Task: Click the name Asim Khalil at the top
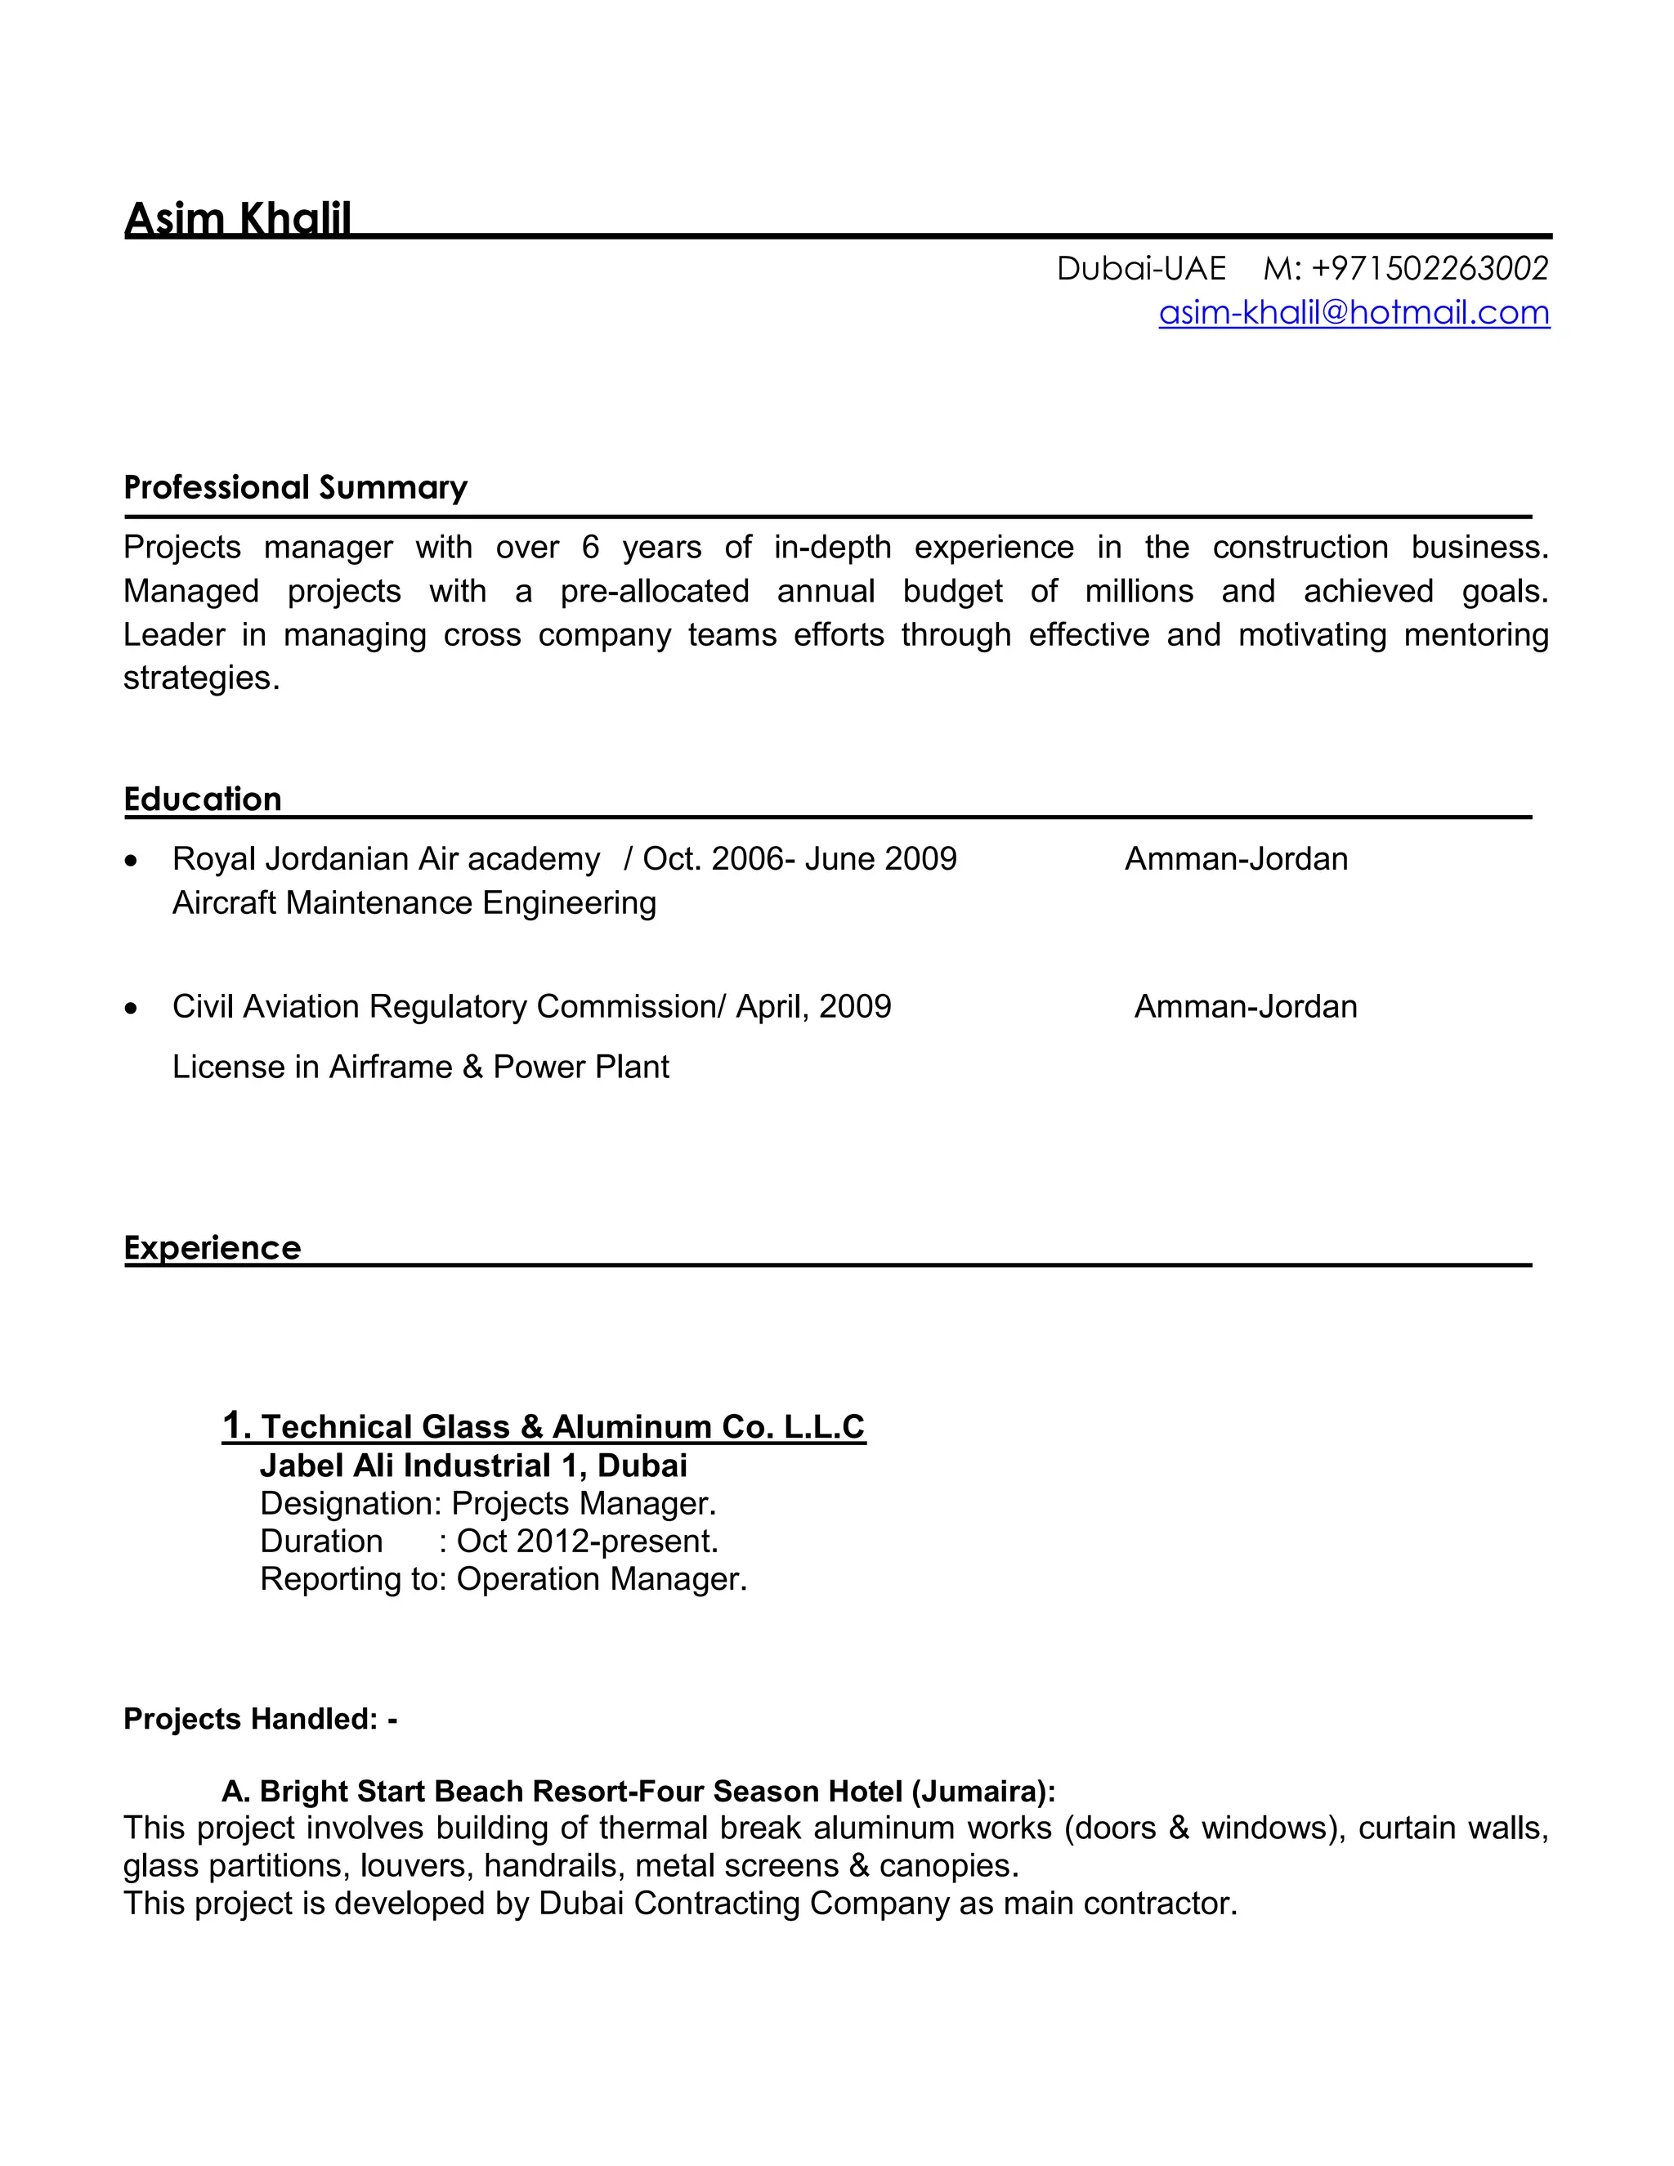pyautogui.click(x=238, y=218)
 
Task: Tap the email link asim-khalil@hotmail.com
pyautogui.click(x=1354, y=312)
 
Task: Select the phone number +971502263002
pyautogui.click(x=1429, y=268)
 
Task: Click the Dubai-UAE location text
pyautogui.click(x=1141, y=268)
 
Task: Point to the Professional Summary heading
pyautogui.click(x=296, y=487)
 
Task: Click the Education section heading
pyautogui.click(x=203, y=799)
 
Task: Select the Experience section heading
pyautogui.click(x=213, y=1246)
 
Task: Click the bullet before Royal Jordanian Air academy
pyautogui.click(x=131, y=861)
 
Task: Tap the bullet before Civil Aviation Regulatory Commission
pyautogui.click(x=131, y=1009)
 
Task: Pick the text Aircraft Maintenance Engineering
pyautogui.click(x=414, y=902)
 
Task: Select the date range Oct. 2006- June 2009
pyautogui.click(x=799, y=859)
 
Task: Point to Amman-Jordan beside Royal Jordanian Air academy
pyautogui.click(x=1236, y=859)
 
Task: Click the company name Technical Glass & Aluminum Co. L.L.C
pyautogui.click(x=562, y=1426)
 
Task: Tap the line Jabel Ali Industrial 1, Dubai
pyautogui.click(x=473, y=1465)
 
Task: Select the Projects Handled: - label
pyautogui.click(x=260, y=1719)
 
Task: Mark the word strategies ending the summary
pyautogui.click(x=201, y=678)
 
